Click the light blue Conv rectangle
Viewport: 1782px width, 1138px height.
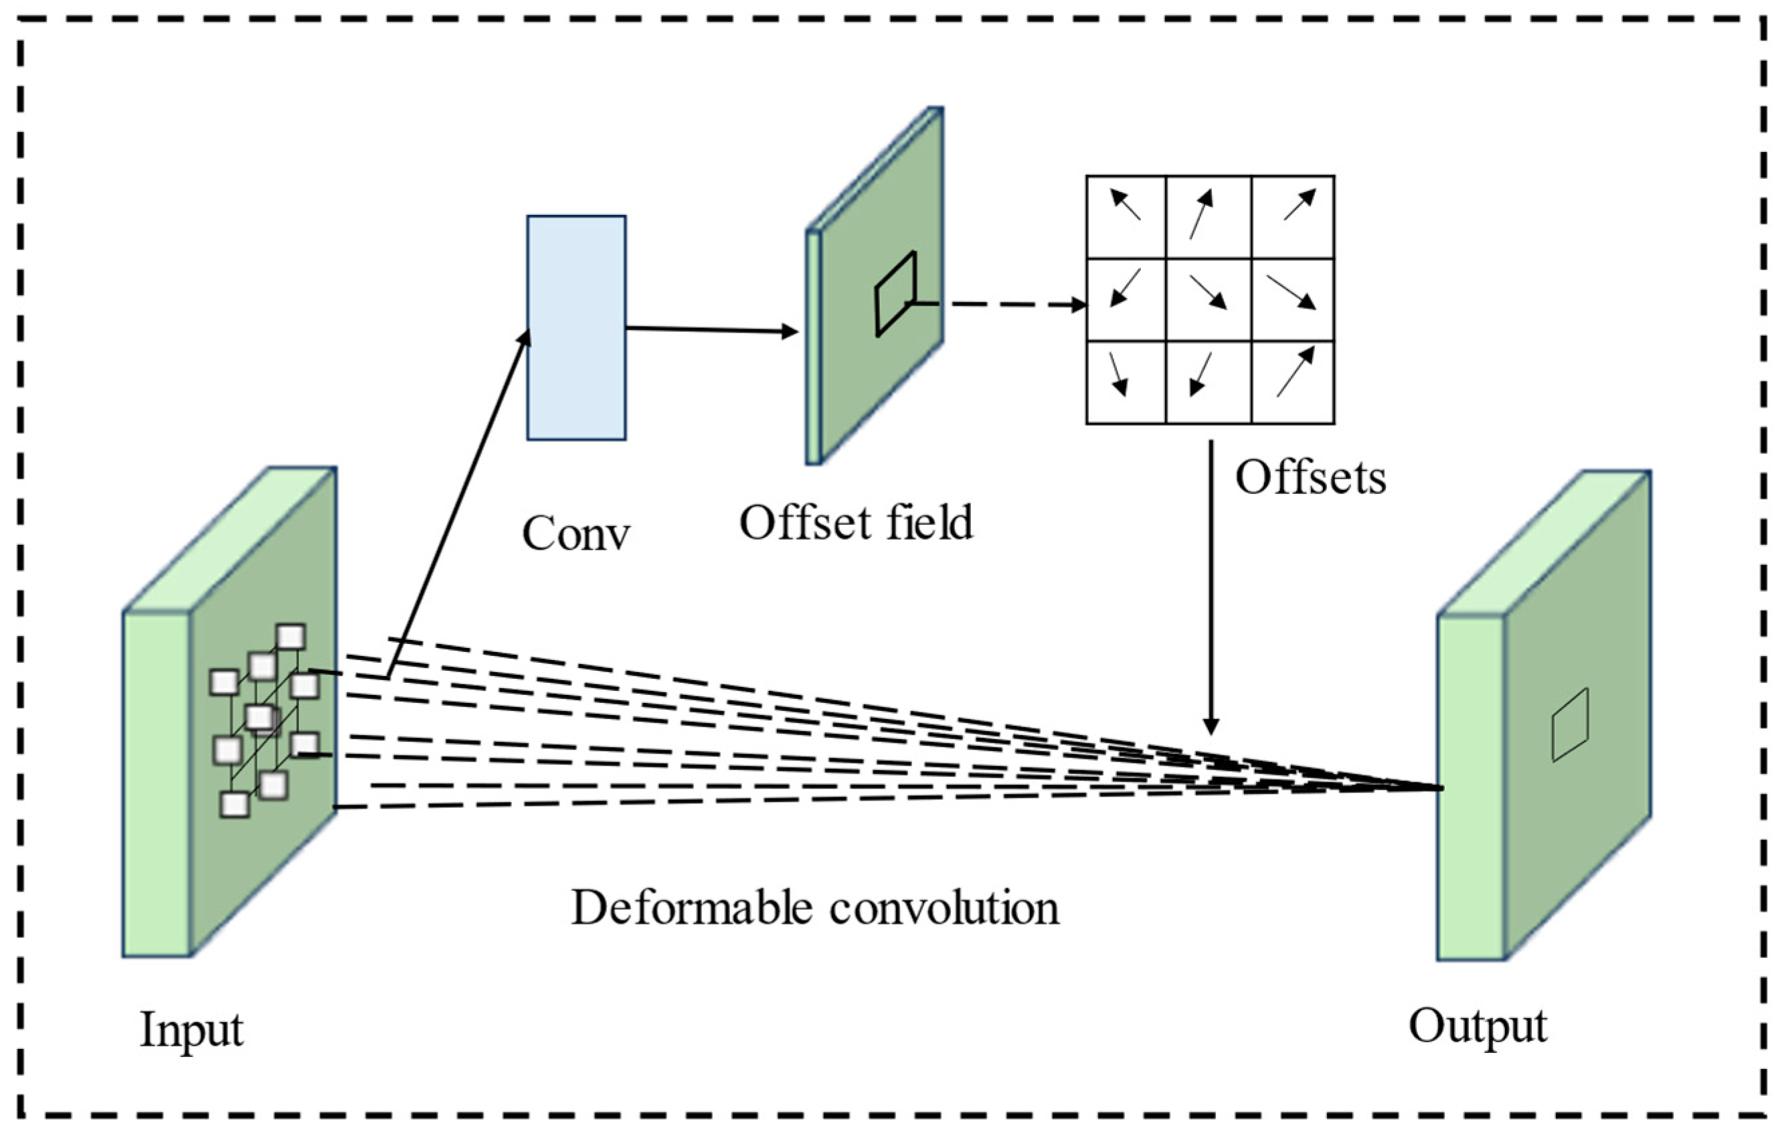coord(575,328)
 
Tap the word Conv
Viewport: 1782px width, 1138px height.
coord(575,534)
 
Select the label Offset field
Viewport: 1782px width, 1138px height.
coord(857,523)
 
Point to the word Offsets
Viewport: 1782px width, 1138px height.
coord(1310,477)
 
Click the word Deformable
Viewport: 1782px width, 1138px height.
coord(691,908)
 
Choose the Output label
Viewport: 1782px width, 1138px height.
coord(1477,1026)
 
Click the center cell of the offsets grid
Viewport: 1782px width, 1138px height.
coord(1209,300)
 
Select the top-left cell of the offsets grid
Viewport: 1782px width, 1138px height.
coord(1126,217)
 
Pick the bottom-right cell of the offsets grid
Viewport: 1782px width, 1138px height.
coord(1293,383)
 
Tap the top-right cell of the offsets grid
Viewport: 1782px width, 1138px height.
coord(1293,217)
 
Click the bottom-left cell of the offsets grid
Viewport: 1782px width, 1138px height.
coord(1126,383)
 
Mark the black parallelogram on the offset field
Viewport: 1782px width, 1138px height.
coord(895,294)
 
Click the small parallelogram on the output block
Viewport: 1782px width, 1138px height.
coord(1570,725)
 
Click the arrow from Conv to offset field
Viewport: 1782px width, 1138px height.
coord(711,329)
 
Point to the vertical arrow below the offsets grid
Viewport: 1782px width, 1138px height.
coord(1211,585)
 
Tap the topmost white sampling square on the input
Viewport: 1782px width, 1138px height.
coord(291,637)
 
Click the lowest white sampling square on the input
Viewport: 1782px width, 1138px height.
coord(236,804)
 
